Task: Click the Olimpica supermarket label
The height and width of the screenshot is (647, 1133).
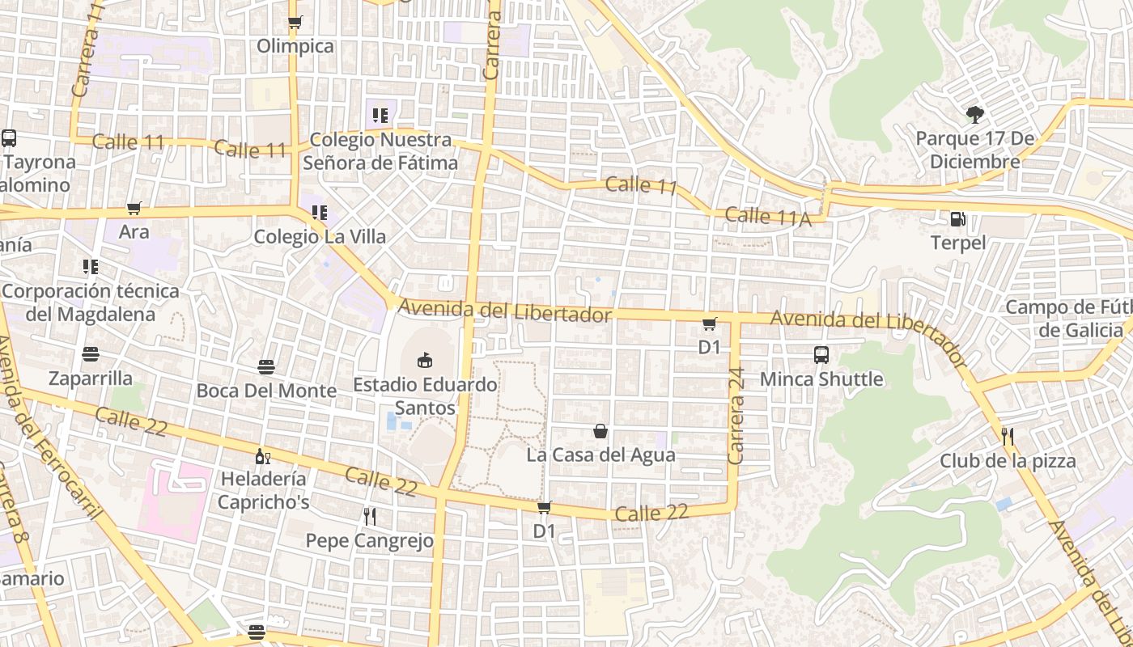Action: point(295,46)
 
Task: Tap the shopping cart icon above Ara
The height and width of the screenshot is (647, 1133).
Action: point(134,209)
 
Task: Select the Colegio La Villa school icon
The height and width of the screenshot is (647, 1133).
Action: point(320,214)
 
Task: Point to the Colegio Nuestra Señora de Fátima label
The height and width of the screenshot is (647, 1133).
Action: point(380,151)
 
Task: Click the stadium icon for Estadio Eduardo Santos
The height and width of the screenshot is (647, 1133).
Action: point(425,360)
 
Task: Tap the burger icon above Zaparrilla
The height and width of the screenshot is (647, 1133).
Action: point(91,354)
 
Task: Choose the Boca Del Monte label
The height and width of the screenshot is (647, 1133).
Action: point(266,391)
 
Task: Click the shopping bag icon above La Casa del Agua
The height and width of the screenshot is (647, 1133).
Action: point(600,431)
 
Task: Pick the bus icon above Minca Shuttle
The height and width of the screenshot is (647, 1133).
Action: point(821,355)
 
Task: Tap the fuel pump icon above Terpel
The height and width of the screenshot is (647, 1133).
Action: point(957,219)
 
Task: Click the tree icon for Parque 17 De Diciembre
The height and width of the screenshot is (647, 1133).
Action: point(974,115)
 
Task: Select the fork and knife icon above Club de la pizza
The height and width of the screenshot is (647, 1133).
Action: point(1008,437)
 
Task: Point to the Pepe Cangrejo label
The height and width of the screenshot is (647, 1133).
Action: point(369,540)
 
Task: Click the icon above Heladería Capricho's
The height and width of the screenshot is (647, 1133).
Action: point(263,457)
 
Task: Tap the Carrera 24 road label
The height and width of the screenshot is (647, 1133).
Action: point(736,417)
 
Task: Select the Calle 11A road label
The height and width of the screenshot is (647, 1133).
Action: point(767,217)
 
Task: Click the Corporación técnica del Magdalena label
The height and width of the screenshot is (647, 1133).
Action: point(91,302)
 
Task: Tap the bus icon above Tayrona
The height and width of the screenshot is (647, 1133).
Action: point(9,138)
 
